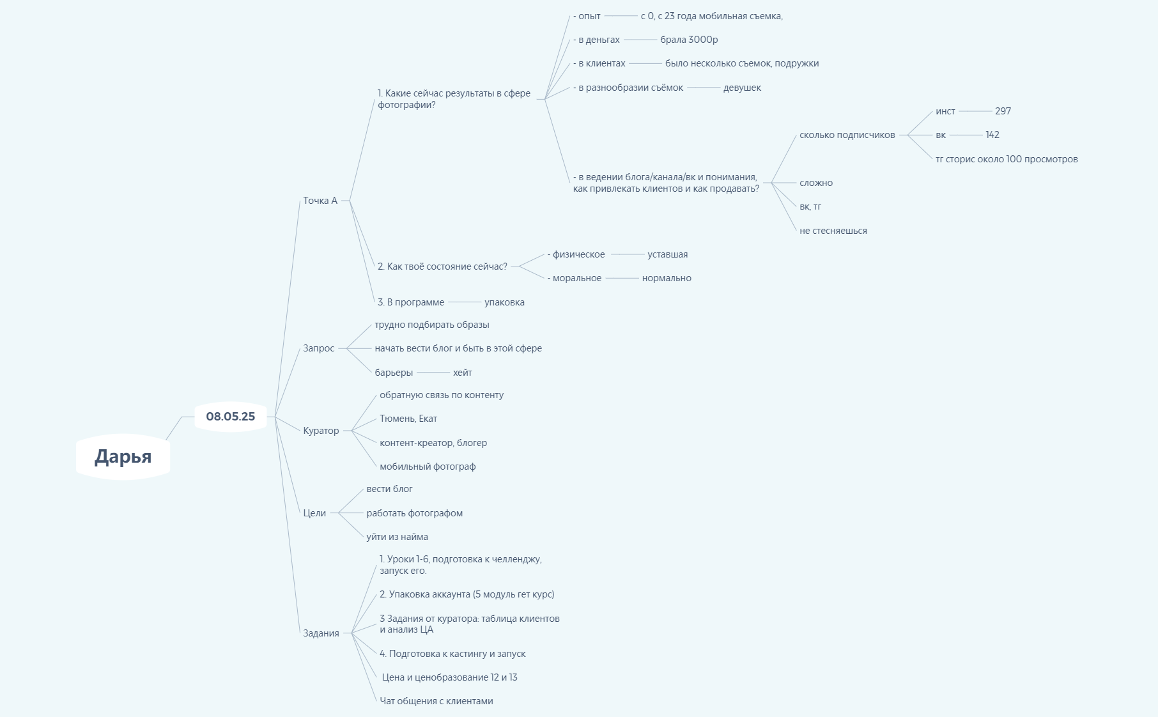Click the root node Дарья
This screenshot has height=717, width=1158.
coord(123,456)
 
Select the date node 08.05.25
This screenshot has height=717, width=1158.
coord(230,417)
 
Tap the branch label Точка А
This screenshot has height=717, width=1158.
coord(320,201)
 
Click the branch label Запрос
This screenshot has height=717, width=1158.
coord(318,348)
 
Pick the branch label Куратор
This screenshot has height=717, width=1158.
coord(321,431)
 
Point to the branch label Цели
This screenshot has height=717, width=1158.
coord(314,513)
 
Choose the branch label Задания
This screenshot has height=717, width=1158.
coord(321,633)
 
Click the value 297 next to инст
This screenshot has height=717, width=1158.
coord(1003,111)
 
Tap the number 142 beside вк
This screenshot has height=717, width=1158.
coord(992,135)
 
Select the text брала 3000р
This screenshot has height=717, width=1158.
coord(689,40)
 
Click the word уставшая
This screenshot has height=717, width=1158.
coord(667,254)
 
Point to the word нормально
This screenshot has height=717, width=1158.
coord(667,278)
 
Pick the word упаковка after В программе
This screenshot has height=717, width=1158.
coord(504,302)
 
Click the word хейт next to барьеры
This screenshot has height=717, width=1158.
coord(462,373)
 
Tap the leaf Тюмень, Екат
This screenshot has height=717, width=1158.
coord(408,419)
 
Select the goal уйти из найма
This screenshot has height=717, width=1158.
coord(397,537)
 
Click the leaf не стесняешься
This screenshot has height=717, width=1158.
coord(833,231)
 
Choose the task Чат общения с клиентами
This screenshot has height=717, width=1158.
coord(436,701)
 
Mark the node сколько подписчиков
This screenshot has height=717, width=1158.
coord(847,135)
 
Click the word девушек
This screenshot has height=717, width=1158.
coord(742,88)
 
